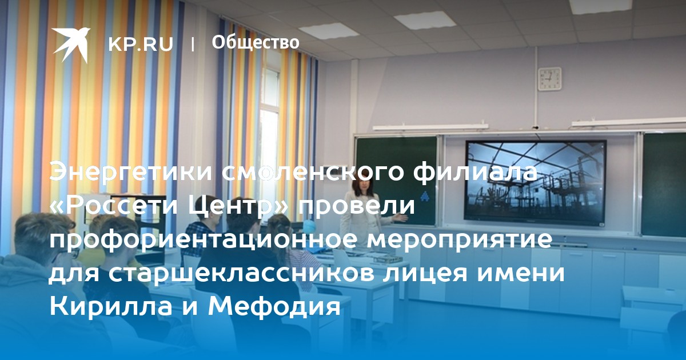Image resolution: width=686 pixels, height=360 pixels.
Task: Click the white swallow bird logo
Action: (71, 45)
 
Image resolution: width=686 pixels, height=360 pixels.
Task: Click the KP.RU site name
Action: (141, 45)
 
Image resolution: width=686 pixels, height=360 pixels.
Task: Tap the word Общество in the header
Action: (256, 42)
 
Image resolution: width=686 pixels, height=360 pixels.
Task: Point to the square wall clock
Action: (550, 79)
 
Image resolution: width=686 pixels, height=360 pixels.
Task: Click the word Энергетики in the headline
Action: (131, 173)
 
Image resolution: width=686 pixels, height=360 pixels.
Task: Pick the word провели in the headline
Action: (357, 206)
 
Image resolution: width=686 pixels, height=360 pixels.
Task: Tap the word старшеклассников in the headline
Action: (241, 273)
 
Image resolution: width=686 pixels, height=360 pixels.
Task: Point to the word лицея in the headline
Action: (426, 273)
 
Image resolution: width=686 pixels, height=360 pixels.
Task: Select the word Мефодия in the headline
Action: (274, 306)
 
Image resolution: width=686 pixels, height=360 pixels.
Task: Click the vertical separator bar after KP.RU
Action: (193, 45)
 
